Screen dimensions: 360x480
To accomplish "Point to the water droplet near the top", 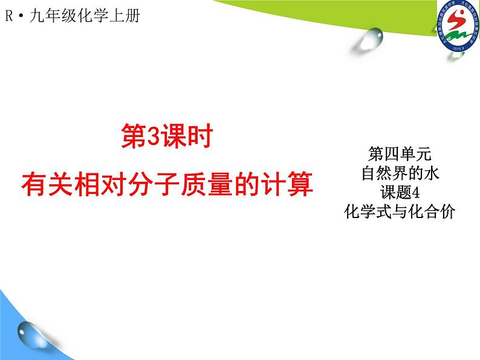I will (371, 40).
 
